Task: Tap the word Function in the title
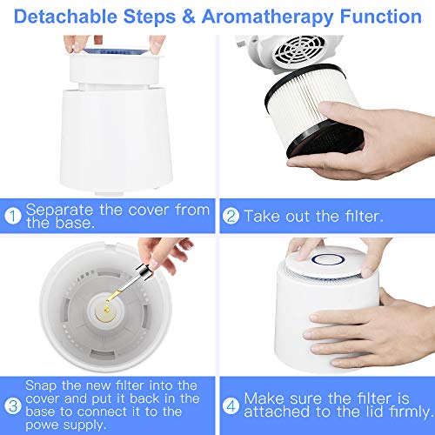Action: (x=378, y=16)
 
